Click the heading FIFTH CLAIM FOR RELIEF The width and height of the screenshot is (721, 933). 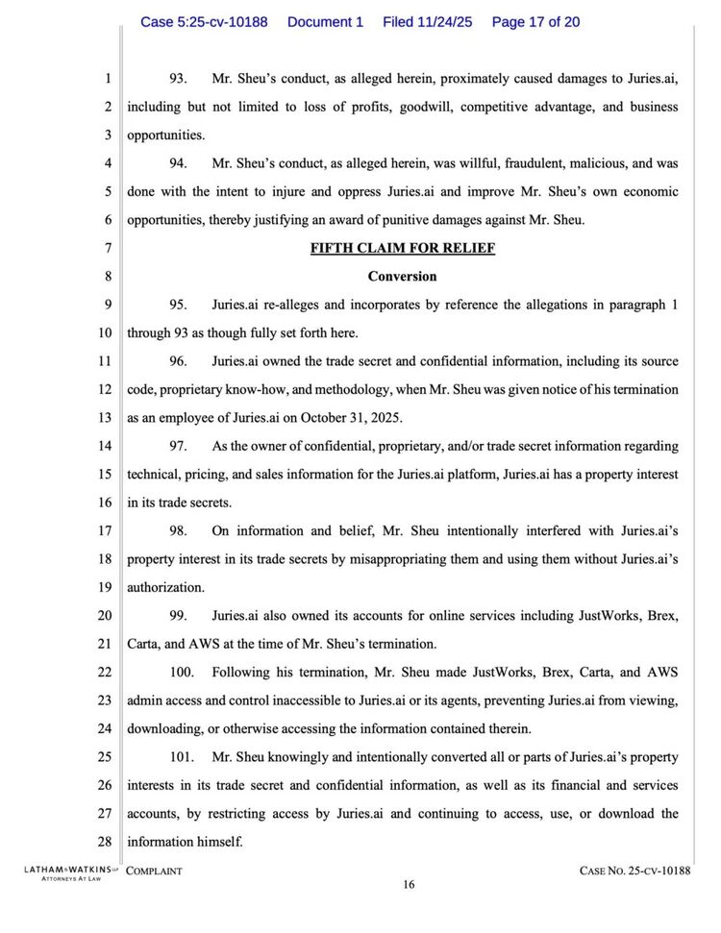point(402,248)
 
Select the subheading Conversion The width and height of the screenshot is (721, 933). point(402,277)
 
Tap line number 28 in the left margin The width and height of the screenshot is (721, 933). point(106,843)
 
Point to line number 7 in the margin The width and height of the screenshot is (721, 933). point(109,248)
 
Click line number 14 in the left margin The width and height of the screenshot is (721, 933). point(106,446)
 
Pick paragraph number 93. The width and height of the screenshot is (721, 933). point(179,79)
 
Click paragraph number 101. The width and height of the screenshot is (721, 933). point(183,785)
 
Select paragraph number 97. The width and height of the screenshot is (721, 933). point(179,446)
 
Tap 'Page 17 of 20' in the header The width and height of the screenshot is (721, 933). point(535,22)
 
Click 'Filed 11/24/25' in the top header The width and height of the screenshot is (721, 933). point(427,22)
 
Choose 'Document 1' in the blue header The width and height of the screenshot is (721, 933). point(325,22)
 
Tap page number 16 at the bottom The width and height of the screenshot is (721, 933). point(409,885)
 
